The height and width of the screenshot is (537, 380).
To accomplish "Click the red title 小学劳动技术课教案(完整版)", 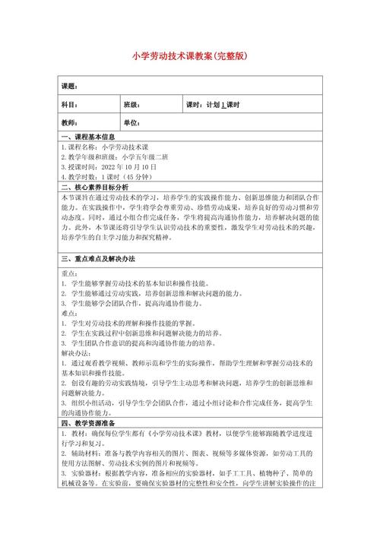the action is [190, 55].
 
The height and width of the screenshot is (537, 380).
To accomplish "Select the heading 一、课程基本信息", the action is [87, 136].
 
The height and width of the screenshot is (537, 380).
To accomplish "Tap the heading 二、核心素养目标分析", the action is [93, 186].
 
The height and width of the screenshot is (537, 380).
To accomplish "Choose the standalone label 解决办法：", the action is [75, 353].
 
